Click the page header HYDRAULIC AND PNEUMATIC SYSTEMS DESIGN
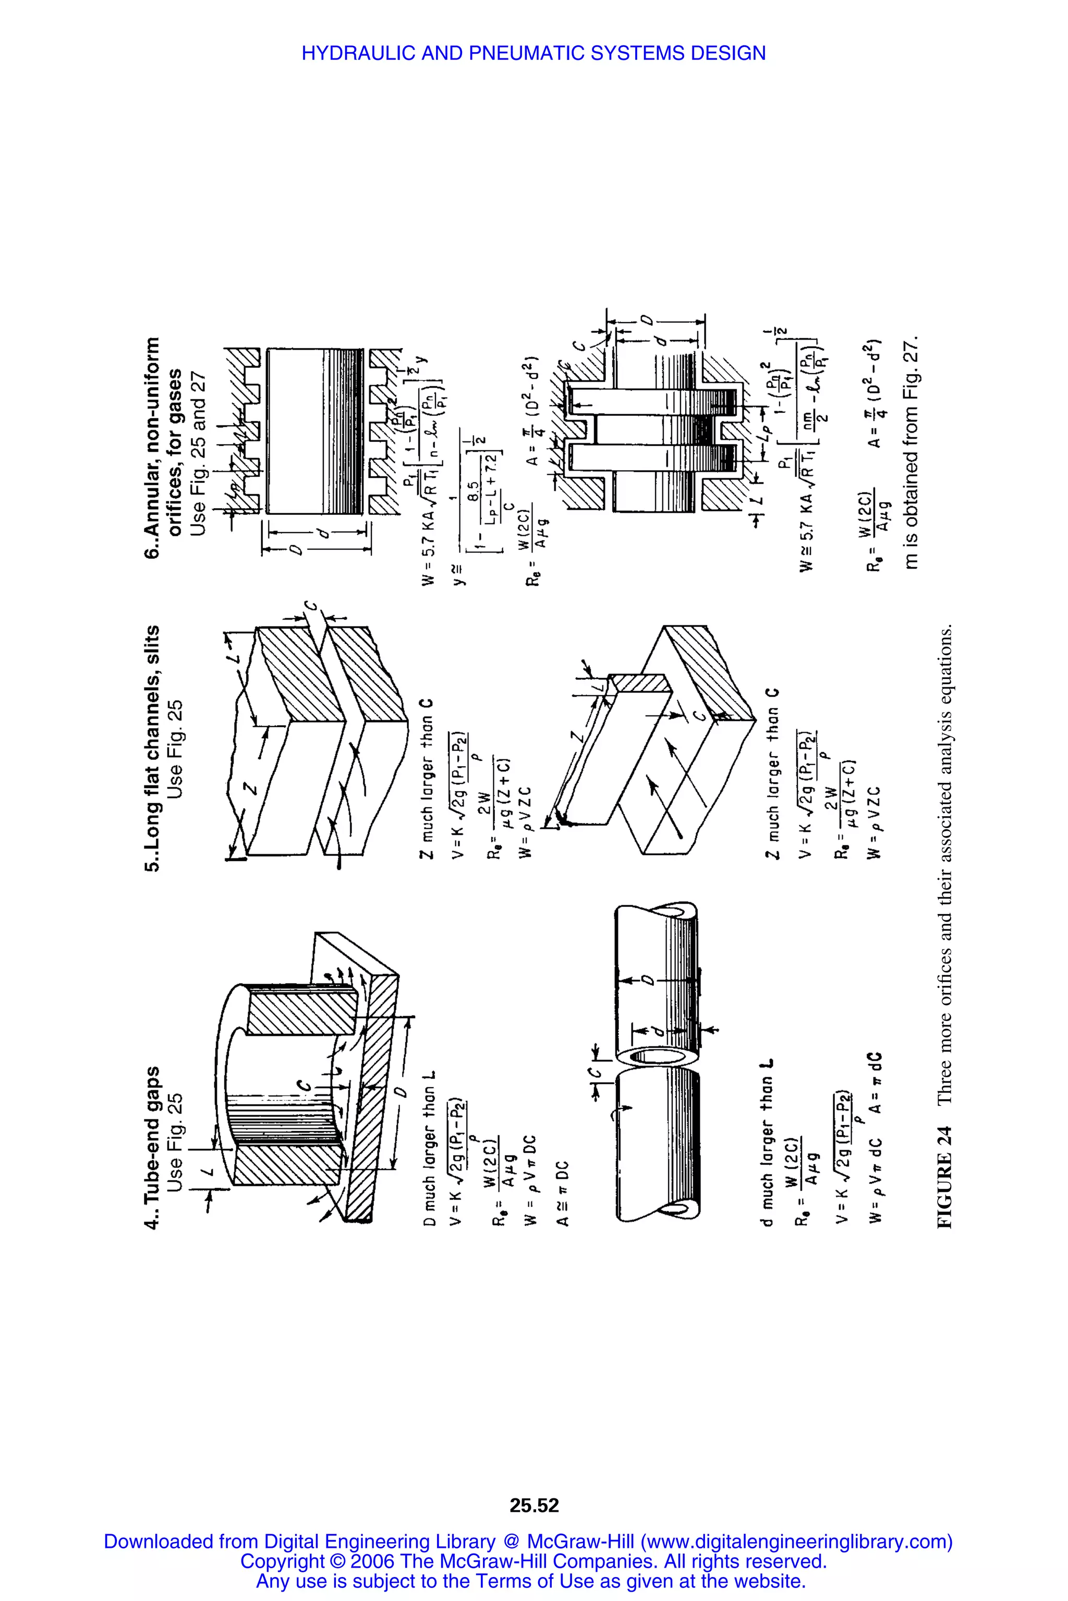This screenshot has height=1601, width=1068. coord(533,53)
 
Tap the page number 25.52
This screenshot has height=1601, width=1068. coord(534,1505)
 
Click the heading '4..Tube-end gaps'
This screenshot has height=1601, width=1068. coord(153,1148)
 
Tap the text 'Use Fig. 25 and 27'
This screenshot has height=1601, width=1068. coord(198,453)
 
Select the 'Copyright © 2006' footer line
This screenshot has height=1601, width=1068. coord(533,1561)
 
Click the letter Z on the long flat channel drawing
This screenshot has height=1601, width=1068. coord(251,788)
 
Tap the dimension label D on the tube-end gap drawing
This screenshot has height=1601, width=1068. coord(402,1091)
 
